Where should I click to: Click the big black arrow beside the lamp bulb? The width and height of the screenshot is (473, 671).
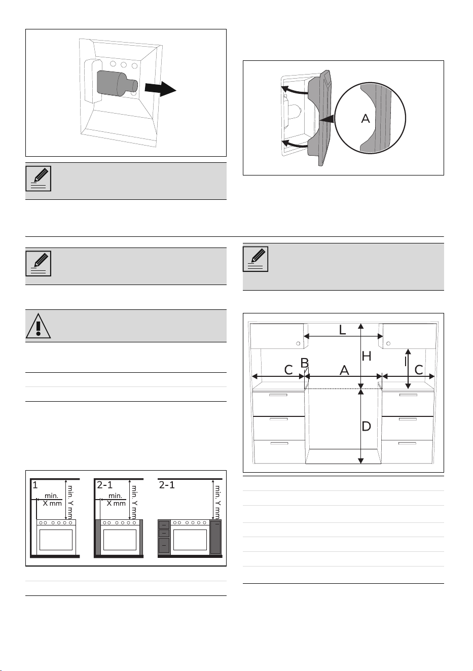point(161,88)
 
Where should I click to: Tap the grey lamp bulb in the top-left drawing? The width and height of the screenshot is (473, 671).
point(117,84)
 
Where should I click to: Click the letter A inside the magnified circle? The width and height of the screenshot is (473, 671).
point(366,119)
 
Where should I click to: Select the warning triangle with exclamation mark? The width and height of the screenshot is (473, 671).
point(38,326)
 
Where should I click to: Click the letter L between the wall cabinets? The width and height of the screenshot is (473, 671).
point(343,330)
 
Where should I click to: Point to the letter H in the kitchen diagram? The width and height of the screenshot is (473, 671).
point(367,357)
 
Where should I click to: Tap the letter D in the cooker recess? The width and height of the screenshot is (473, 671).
point(366,427)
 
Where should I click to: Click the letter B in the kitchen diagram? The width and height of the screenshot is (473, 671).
point(305,363)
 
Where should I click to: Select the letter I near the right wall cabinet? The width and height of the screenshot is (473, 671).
point(406,362)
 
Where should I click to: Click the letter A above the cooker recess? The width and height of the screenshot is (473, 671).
point(344,371)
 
